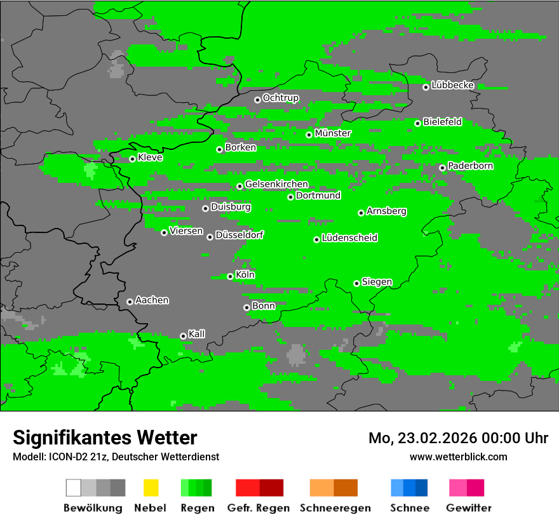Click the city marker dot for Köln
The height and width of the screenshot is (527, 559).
tap(230, 276)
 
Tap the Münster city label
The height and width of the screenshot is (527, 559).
tap(333, 133)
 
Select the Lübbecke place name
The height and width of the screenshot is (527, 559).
tap(452, 85)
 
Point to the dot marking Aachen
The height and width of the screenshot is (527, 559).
tap(130, 302)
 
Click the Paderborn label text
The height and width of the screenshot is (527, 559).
tap(470, 166)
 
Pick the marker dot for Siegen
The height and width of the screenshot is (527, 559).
tap(356, 283)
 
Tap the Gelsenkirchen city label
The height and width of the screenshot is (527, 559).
tap(276, 184)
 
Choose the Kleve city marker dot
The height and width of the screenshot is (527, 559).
tap(132, 159)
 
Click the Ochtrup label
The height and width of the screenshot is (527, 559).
tap(280, 98)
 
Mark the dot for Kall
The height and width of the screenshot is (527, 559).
tap(183, 336)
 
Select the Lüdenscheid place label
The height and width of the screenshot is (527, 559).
tap(349, 238)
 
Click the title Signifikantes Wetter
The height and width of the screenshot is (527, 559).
tap(105, 437)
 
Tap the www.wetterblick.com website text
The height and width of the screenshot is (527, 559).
tap(458, 457)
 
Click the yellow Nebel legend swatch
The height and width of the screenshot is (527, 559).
tap(151, 488)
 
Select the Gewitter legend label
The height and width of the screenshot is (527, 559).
tap(468, 508)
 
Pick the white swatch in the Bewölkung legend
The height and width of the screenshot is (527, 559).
tap(73, 488)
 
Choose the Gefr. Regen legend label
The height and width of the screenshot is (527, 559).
tap(259, 508)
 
